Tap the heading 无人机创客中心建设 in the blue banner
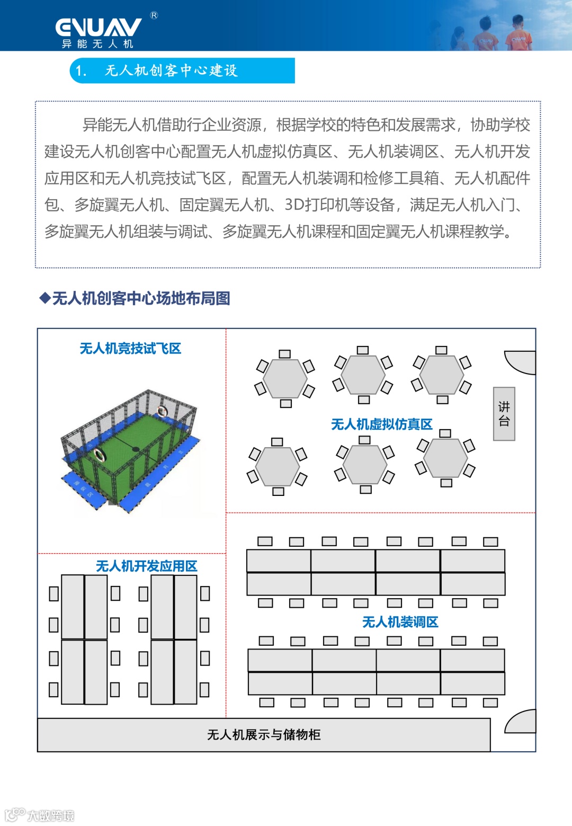[x=171, y=70]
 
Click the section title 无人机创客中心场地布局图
[x=141, y=298]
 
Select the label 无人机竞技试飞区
[x=130, y=348]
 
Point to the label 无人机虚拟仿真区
[x=381, y=424]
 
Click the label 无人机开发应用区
[x=146, y=566]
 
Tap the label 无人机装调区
[x=400, y=621]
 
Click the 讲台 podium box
[x=504, y=414]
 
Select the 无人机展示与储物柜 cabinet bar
[x=264, y=734]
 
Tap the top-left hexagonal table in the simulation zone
[x=285, y=378]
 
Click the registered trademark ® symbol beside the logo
[x=154, y=15]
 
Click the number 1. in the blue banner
[x=81, y=70]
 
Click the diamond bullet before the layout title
[x=45, y=298]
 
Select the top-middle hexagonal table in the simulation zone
[x=363, y=375]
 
